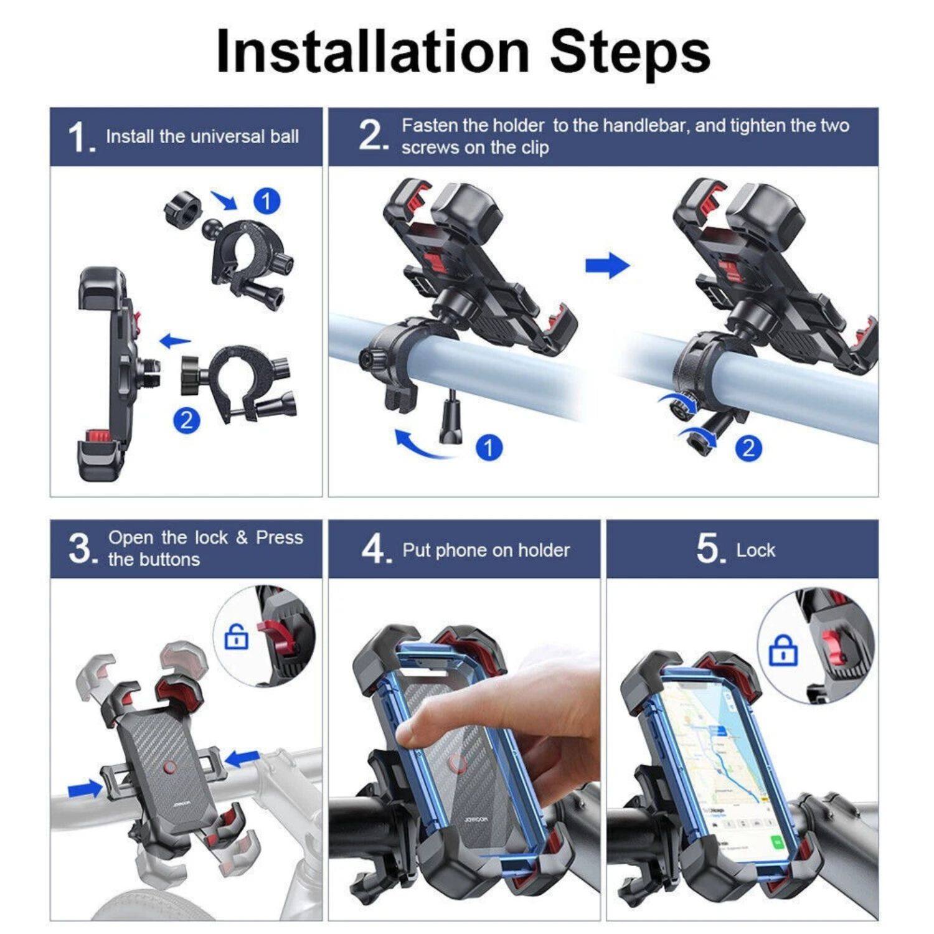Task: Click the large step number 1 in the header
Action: coord(81,138)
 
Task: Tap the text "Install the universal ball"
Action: coord(202,136)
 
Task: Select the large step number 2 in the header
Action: coord(373,136)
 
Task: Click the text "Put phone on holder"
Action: coord(486,550)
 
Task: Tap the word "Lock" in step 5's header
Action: coord(755,550)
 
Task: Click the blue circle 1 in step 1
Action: coord(267,201)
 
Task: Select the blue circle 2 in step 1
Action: coord(186,420)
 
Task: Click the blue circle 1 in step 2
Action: coord(489,447)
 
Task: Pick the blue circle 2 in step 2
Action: coord(748,448)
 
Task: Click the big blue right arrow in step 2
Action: coord(607,265)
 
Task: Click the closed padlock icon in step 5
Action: coord(783,651)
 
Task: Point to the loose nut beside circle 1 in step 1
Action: coord(183,207)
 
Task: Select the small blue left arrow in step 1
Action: coord(175,341)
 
